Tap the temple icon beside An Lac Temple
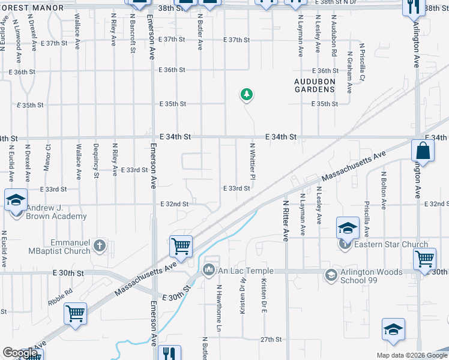coord(209,268)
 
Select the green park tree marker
coord(246,94)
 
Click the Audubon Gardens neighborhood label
coord(314,85)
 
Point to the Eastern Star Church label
coord(390,244)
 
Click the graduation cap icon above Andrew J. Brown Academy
coord(15,200)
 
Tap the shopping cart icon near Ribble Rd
coord(76,313)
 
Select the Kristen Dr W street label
coord(243,298)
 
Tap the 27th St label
coord(271,340)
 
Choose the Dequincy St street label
coord(95,161)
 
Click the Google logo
coord(20,353)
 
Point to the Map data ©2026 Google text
coord(411,355)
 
